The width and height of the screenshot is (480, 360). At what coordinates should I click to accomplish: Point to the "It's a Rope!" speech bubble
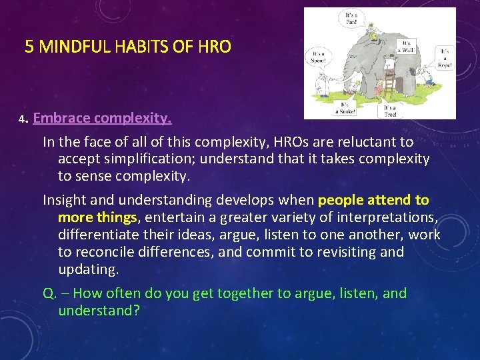[444, 58]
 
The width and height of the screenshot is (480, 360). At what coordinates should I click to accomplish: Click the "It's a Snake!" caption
[346, 109]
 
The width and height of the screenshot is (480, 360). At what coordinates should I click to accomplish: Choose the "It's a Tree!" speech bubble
[389, 110]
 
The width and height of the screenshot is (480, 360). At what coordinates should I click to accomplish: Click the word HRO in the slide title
[215, 47]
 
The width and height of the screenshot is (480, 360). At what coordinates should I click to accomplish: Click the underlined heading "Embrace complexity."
[102, 119]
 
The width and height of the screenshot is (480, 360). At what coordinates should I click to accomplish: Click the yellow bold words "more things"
[97, 217]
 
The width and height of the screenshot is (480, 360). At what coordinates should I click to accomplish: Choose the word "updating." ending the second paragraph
[88, 269]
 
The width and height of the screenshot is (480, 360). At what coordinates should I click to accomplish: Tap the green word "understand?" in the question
[99, 311]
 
